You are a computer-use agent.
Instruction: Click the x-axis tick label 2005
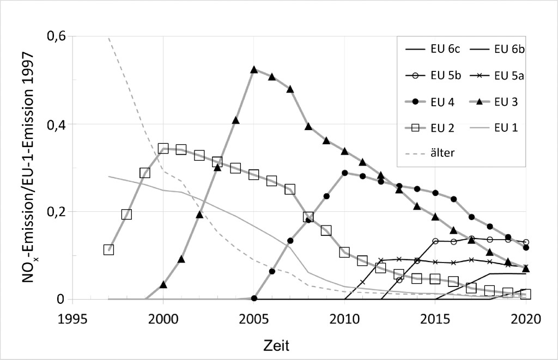click(x=253, y=319)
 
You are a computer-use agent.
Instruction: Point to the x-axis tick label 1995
click(x=72, y=319)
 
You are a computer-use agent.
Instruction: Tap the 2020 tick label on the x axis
click(x=525, y=319)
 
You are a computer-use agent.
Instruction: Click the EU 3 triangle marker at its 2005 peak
click(x=253, y=70)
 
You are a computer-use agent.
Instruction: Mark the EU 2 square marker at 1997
click(x=108, y=249)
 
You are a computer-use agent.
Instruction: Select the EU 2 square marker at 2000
click(x=163, y=148)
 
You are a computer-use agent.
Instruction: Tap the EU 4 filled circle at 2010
click(x=344, y=173)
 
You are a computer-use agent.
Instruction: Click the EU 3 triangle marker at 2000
click(x=163, y=284)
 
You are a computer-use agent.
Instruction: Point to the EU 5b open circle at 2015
click(x=435, y=241)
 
